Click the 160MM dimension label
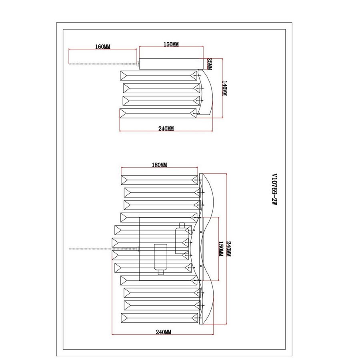[103, 47]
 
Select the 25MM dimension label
[210, 64]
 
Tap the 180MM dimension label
[159, 165]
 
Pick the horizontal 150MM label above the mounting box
[171, 44]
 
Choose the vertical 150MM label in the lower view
[220, 248]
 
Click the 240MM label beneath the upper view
[166, 129]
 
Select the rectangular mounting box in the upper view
[172, 64]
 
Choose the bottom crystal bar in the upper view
[158, 114]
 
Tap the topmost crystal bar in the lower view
[160, 180]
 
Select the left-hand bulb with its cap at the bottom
[161, 258]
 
